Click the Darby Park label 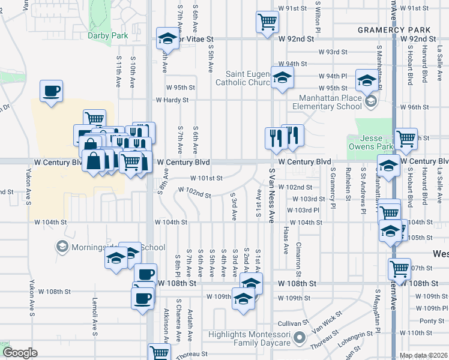[108, 36]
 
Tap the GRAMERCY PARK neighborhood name [394, 30]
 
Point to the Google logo [20, 353]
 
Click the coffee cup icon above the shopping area [51, 91]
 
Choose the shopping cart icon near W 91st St [267, 22]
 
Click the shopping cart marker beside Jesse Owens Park [406, 139]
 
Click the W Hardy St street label [172, 100]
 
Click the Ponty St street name [432, 321]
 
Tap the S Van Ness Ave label [272, 196]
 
